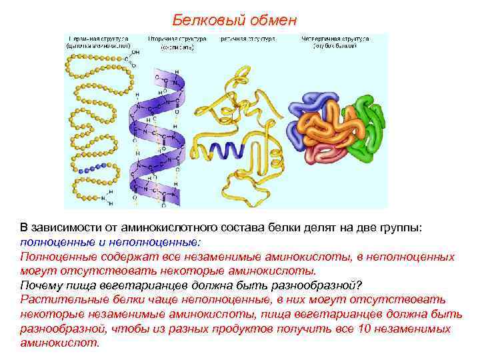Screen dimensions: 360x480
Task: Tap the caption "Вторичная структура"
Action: point(176,39)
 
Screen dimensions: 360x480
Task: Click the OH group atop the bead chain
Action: point(135,51)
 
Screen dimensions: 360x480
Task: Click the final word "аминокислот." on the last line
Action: point(59,343)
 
